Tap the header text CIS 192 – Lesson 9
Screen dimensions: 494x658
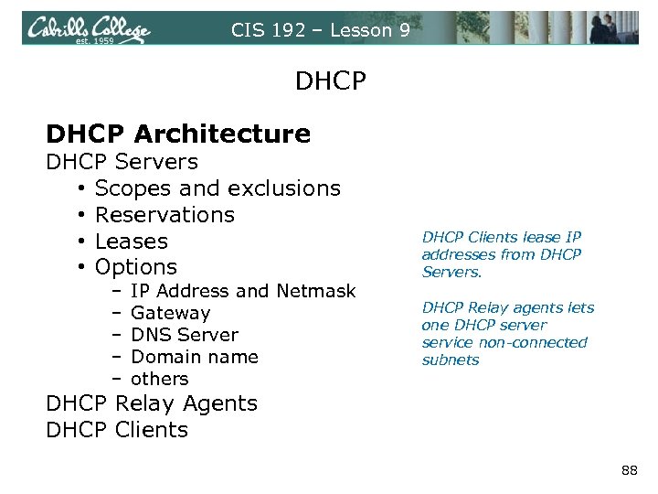pyautogui.click(x=320, y=30)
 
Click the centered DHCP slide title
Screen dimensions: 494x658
pyautogui.click(x=330, y=82)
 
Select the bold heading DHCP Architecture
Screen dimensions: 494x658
pyautogui.click(x=178, y=134)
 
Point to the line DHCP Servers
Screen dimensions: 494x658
pyautogui.click(x=122, y=162)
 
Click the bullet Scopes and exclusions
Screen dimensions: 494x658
pyautogui.click(x=218, y=188)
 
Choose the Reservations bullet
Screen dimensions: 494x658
pyautogui.click(x=164, y=215)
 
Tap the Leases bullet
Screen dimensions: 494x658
pyautogui.click(x=132, y=242)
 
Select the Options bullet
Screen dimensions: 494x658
pyautogui.click(x=136, y=267)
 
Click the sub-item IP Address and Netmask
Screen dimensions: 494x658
pyautogui.click(x=243, y=291)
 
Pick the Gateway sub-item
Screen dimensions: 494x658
pyautogui.click(x=171, y=313)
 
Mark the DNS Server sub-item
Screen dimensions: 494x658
pyautogui.click(x=185, y=335)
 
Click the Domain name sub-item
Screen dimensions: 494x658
pyautogui.click(x=195, y=357)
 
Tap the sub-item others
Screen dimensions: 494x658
pyautogui.click(x=160, y=379)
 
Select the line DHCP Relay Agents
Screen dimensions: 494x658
pyautogui.click(x=152, y=403)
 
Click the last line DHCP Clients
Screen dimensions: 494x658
pyautogui.click(x=117, y=430)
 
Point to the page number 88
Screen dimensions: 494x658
pyautogui.click(x=629, y=470)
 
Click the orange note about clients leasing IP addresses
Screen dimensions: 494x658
pyautogui.click(x=502, y=254)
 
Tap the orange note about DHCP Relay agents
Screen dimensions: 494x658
pyautogui.click(x=507, y=333)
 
